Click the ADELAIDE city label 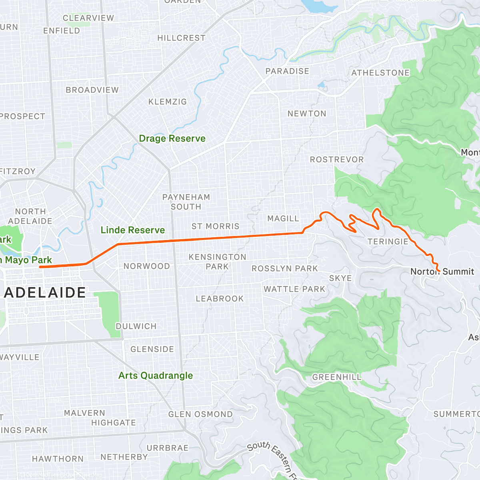click(x=45, y=292)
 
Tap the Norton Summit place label click(x=442, y=272)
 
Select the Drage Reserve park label click(x=172, y=138)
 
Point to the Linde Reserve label click(x=132, y=230)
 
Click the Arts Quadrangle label click(x=156, y=376)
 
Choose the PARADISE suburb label click(x=287, y=71)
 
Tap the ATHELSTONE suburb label click(x=380, y=73)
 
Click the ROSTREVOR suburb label click(x=337, y=160)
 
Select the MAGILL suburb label click(x=283, y=218)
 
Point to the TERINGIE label click(x=388, y=241)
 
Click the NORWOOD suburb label click(x=146, y=266)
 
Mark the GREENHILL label click(x=336, y=377)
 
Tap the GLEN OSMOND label click(x=200, y=414)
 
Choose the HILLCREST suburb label click(x=181, y=38)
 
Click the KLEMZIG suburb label click(x=168, y=102)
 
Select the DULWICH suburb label click(x=136, y=326)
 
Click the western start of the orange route click(x=40, y=267)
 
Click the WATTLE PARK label click(x=294, y=289)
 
